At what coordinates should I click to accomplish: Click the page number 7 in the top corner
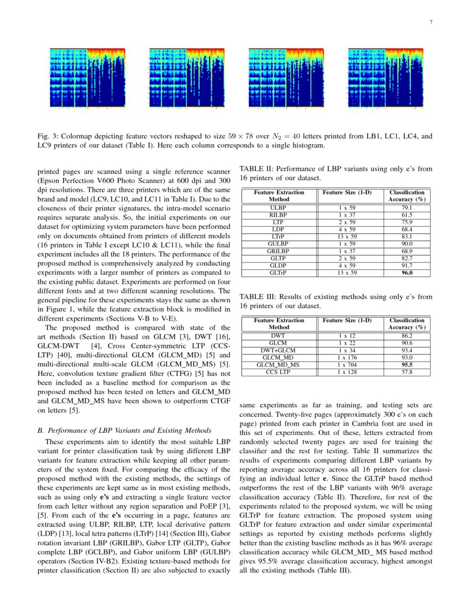tap(431, 22)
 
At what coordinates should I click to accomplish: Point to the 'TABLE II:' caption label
tap(257, 170)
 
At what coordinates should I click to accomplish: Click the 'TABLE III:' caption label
tap(258, 297)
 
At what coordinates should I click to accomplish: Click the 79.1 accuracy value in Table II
tap(407, 208)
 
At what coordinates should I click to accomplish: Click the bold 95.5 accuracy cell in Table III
tap(407, 365)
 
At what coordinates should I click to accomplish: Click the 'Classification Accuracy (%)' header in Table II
tap(407, 195)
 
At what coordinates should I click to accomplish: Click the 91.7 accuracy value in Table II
tap(407, 266)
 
